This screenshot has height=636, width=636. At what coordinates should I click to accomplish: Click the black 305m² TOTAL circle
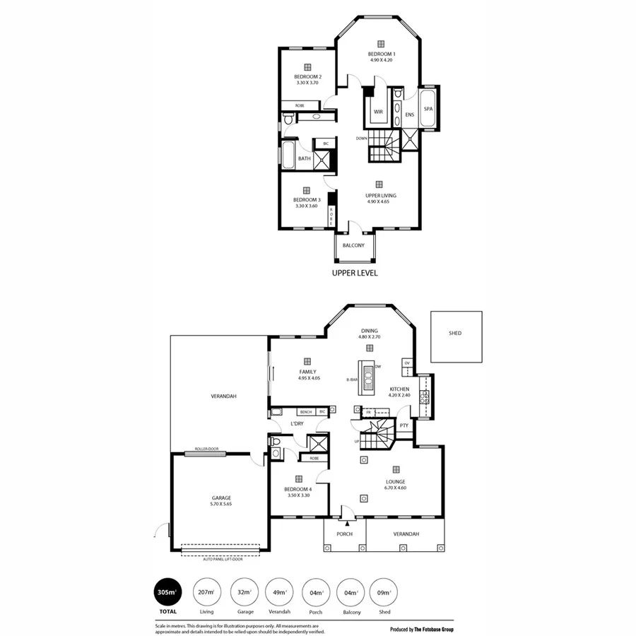click(167, 592)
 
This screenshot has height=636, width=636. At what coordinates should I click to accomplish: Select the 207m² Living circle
click(206, 592)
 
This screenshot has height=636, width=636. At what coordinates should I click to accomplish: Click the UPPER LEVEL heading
click(354, 271)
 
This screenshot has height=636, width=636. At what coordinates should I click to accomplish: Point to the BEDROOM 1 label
click(381, 54)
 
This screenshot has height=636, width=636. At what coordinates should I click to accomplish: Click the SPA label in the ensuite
click(428, 110)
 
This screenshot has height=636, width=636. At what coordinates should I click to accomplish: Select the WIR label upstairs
click(378, 112)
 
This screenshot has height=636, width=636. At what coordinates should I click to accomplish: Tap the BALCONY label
click(353, 245)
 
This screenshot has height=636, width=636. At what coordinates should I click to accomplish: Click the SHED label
click(455, 333)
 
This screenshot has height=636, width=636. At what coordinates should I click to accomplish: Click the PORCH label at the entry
click(344, 534)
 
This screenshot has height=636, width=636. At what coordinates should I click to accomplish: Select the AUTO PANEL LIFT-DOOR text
click(223, 559)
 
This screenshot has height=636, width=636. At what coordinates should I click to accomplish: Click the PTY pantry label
click(404, 425)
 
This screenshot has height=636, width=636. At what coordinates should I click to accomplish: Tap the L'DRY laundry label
click(297, 424)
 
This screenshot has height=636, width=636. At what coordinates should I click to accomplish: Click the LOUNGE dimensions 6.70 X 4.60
click(396, 488)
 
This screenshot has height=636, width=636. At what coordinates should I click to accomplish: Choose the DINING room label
click(369, 330)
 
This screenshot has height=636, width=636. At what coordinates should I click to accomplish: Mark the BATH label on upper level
click(304, 158)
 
